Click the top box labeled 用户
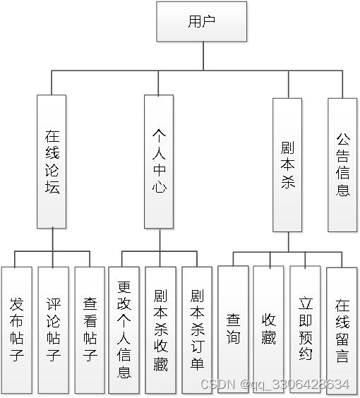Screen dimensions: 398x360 click(201, 21)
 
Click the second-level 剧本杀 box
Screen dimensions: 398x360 click(287, 164)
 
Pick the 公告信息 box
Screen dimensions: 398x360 click(342, 164)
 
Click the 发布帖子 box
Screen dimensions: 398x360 click(17, 330)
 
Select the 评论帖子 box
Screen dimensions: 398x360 click(53, 330)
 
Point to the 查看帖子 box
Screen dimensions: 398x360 click(90, 330)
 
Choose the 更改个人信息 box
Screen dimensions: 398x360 click(124, 330)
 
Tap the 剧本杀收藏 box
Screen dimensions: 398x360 click(160, 330)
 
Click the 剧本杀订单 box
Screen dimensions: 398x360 click(196, 330)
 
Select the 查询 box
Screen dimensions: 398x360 click(233, 329)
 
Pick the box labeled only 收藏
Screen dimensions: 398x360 click(269, 329)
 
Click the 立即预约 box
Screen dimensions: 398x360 click(305, 329)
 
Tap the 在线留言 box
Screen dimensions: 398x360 click(342, 329)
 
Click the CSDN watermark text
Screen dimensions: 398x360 click(275, 385)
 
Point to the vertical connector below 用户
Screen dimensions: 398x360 click(203, 56)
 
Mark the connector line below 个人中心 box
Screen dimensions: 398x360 click(160, 240)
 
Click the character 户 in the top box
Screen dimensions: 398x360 click(209, 21)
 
